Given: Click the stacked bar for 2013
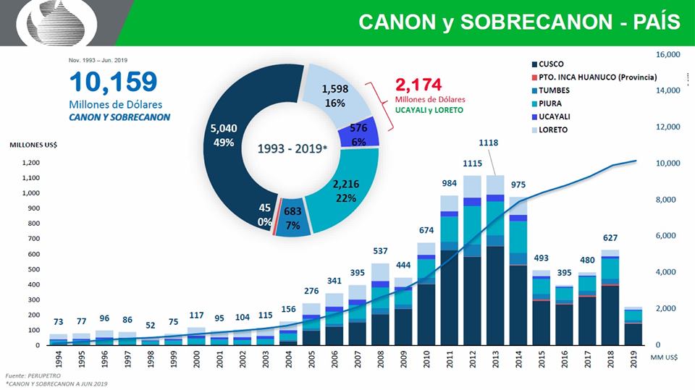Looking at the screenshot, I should tap(495, 260).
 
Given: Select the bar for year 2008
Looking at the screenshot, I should tap(380, 304).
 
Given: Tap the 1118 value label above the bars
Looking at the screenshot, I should tap(489, 143).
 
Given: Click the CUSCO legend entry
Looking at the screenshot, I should tap(552, 64).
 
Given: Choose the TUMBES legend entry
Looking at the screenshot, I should tap(554, 90).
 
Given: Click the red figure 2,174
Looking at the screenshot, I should tap(418, 84).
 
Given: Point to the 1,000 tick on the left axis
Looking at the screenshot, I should tap(30, 193).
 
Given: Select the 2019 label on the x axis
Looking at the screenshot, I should tap(633, 359).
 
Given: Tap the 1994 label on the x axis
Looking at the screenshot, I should tap(59, 359).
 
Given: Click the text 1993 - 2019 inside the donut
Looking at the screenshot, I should tap(292, 149).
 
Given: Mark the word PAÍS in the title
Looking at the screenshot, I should tap(651, 22).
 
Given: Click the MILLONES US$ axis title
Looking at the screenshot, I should tap(33, 145).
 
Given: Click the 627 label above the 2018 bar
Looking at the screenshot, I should tap(610, 237).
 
